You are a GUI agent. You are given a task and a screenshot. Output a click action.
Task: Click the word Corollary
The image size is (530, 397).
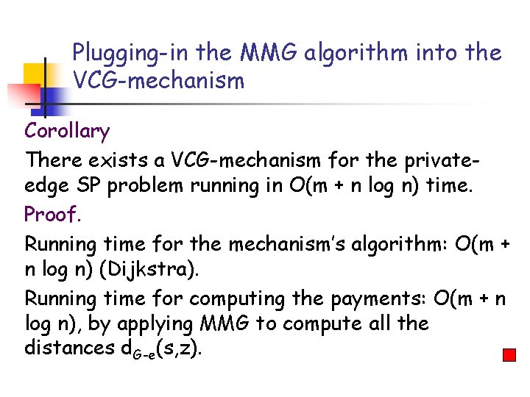(67, 132)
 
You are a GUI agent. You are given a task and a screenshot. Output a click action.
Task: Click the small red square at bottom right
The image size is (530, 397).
(509, 355)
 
